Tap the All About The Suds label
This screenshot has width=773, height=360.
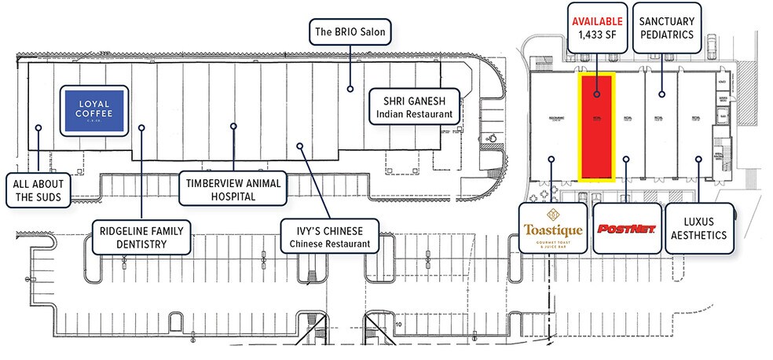click(x=38, y=190)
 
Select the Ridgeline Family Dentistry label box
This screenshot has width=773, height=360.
click(x=141, y=237)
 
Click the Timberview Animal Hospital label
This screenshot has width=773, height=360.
click(x=233, y=189)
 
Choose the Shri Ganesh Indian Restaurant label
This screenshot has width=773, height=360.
click(x=413, y=108)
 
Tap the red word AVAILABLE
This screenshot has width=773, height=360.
click(x=597, y=20)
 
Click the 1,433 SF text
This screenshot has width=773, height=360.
click(x=597, y=35)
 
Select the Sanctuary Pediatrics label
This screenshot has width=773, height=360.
click(x=665, y=28)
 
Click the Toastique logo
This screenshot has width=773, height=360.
click(x=554, y=228)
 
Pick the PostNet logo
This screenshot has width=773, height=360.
click(x=625, y=228)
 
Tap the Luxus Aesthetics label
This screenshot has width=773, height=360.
click(x=699, y=228)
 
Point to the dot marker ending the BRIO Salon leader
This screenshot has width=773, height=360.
click(x=351, y=89)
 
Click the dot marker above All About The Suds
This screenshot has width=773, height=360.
click(x=37, y=124)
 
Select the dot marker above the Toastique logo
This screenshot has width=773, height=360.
click(x=551, y=159)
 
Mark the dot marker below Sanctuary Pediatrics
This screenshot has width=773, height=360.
click(x=661, y=94)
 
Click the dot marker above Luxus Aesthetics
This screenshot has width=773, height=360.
click(x=698, y=159)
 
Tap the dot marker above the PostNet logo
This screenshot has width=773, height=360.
click(x=625, y=159)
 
